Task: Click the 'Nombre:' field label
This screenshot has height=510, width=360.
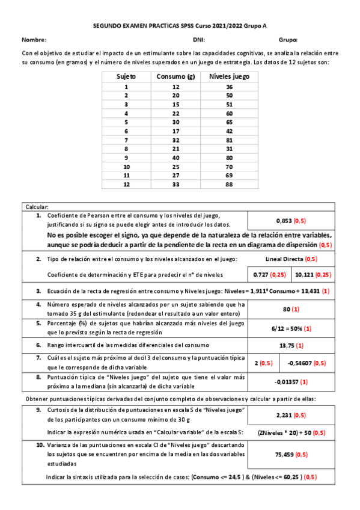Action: tap(34, 40)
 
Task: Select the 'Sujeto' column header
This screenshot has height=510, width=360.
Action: tap(126, 76)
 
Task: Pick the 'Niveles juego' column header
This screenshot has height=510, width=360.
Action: tap(229, 76)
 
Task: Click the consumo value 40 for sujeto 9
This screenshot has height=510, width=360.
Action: tap(176, 158)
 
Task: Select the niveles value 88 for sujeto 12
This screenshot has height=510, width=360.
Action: tap(229, 184)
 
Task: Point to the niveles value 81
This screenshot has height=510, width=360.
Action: tap(229, 140)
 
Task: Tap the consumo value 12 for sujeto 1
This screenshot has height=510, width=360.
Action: tap(176, 87)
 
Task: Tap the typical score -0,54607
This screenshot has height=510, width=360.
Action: tap(302, 363)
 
